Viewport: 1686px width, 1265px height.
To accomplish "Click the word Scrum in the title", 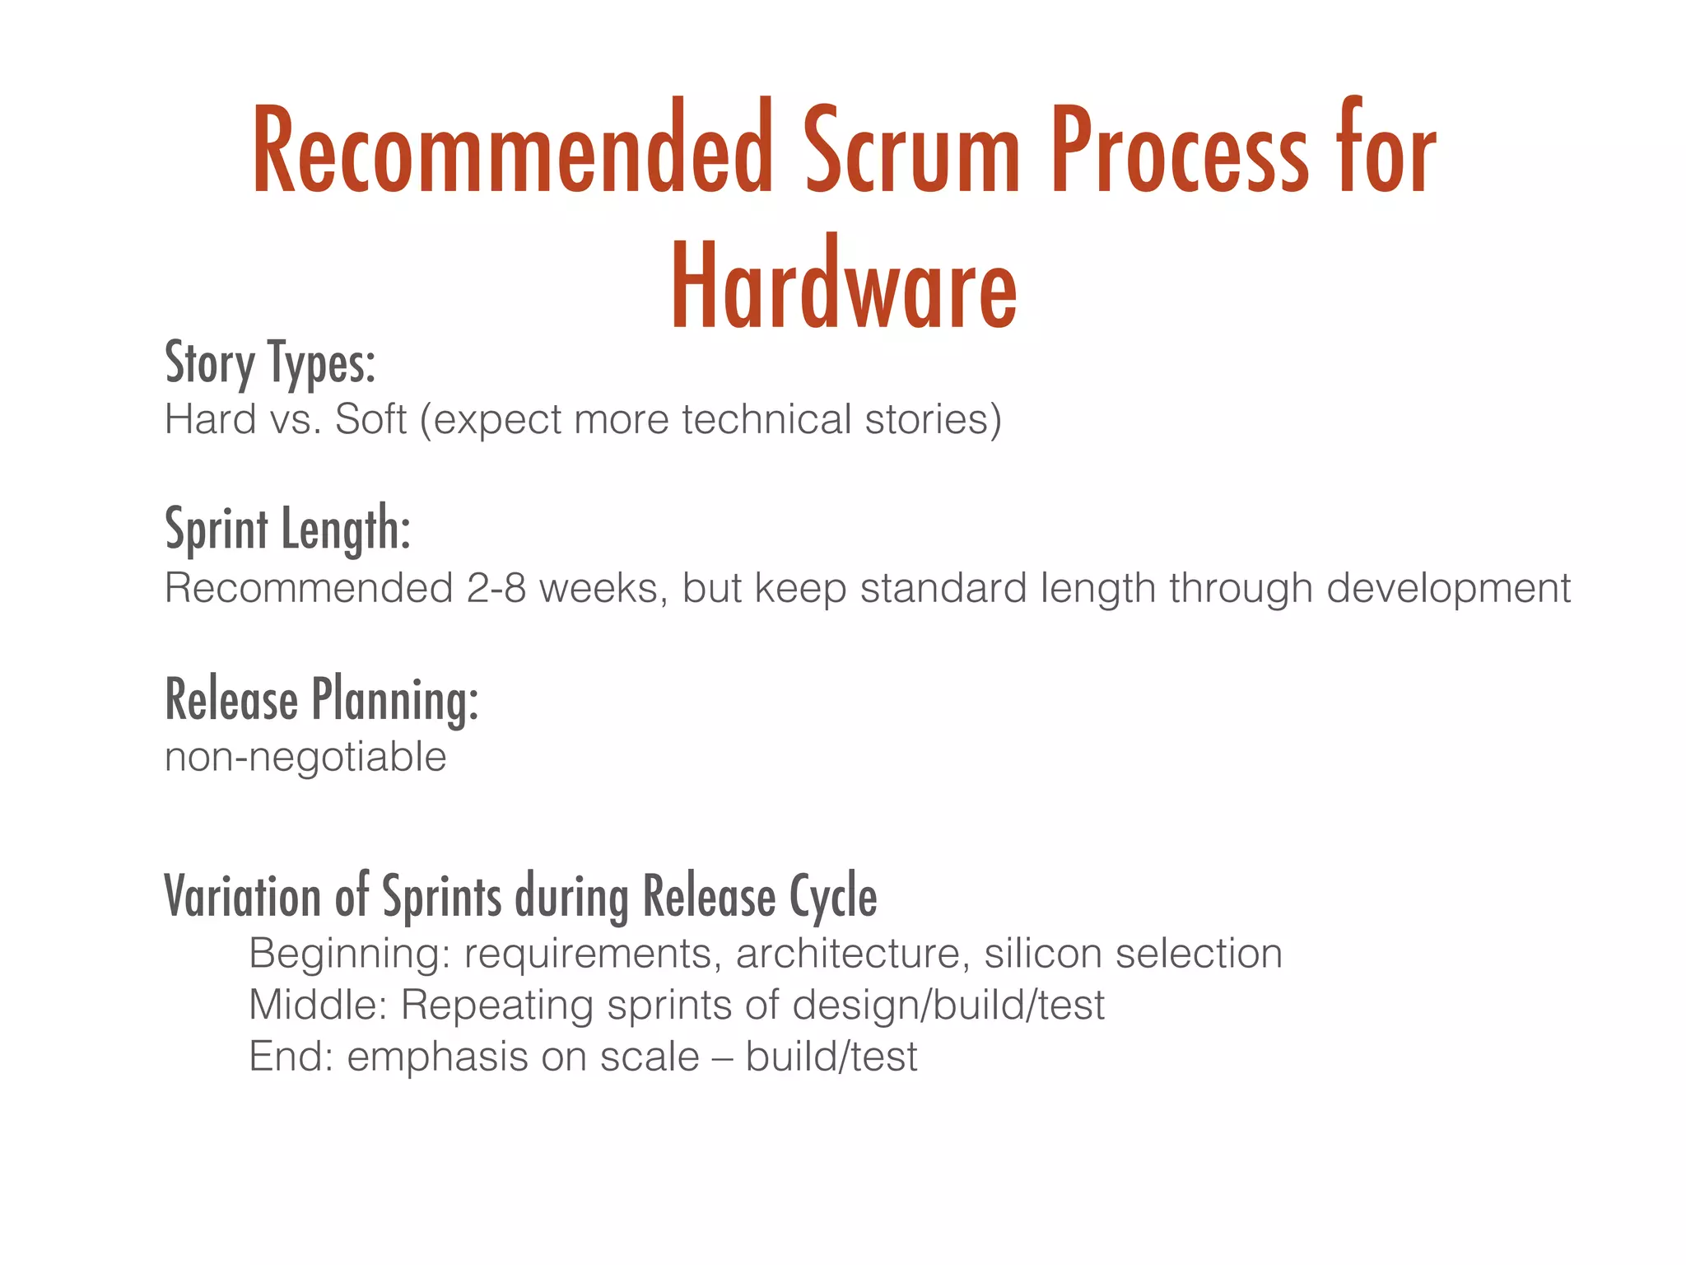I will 911,152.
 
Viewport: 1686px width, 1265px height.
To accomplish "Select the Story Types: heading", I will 270,362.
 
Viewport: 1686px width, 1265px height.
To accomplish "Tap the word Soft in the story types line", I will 370,419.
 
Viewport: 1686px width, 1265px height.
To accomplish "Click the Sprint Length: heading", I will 287,529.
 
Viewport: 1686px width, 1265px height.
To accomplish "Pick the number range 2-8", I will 496,588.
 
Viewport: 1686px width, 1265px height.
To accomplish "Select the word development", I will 1448,588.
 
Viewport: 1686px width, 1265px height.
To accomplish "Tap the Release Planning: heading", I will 321,700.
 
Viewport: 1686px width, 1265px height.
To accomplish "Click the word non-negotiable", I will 305,757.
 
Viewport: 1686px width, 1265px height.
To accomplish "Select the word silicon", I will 1043,954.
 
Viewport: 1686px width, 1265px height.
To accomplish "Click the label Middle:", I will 318,1005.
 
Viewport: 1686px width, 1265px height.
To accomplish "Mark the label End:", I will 291,1057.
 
